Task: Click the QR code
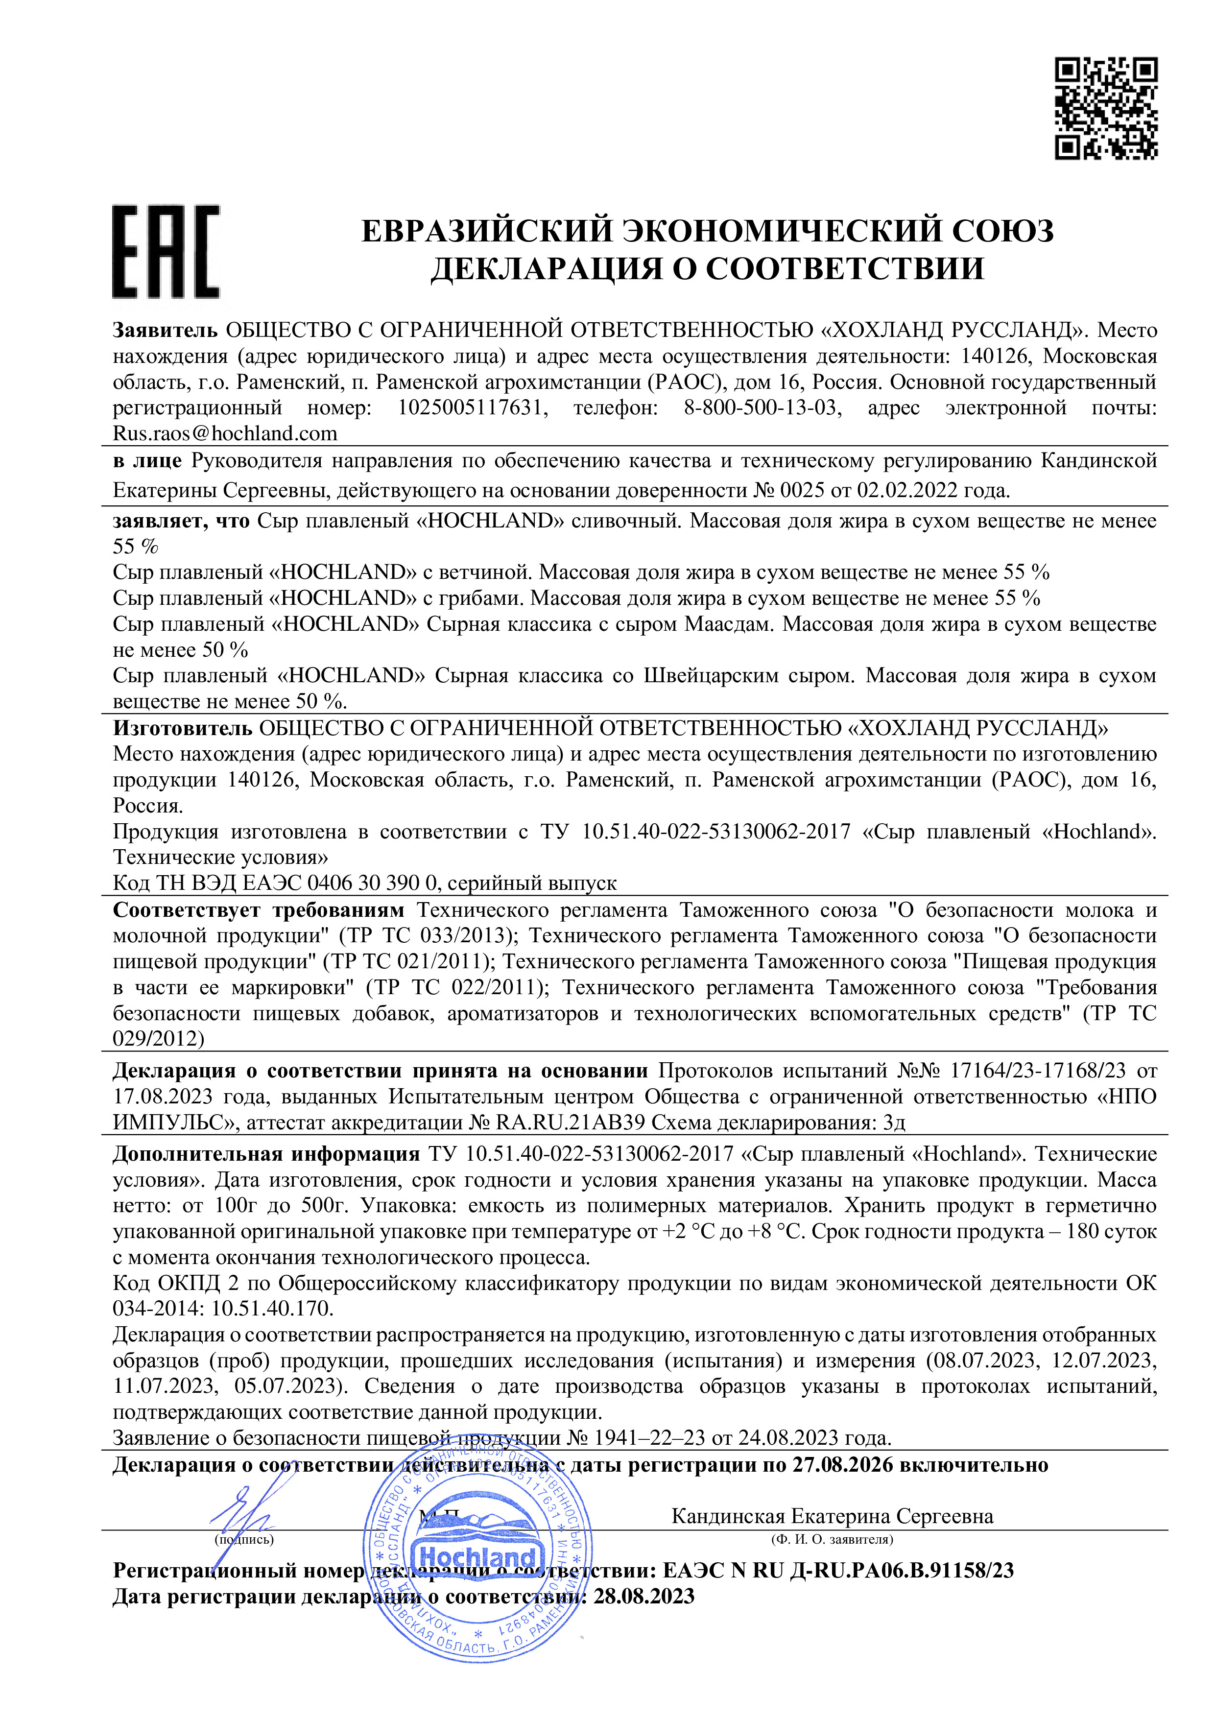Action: click(1106, 109)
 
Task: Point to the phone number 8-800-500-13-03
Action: click(762, 408)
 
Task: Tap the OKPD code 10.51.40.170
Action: click(272, 1309)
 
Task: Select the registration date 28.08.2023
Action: click(643, 1597)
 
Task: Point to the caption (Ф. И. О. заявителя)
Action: click(832, 1539)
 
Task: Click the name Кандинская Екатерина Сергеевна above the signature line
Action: click(832, 1516)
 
